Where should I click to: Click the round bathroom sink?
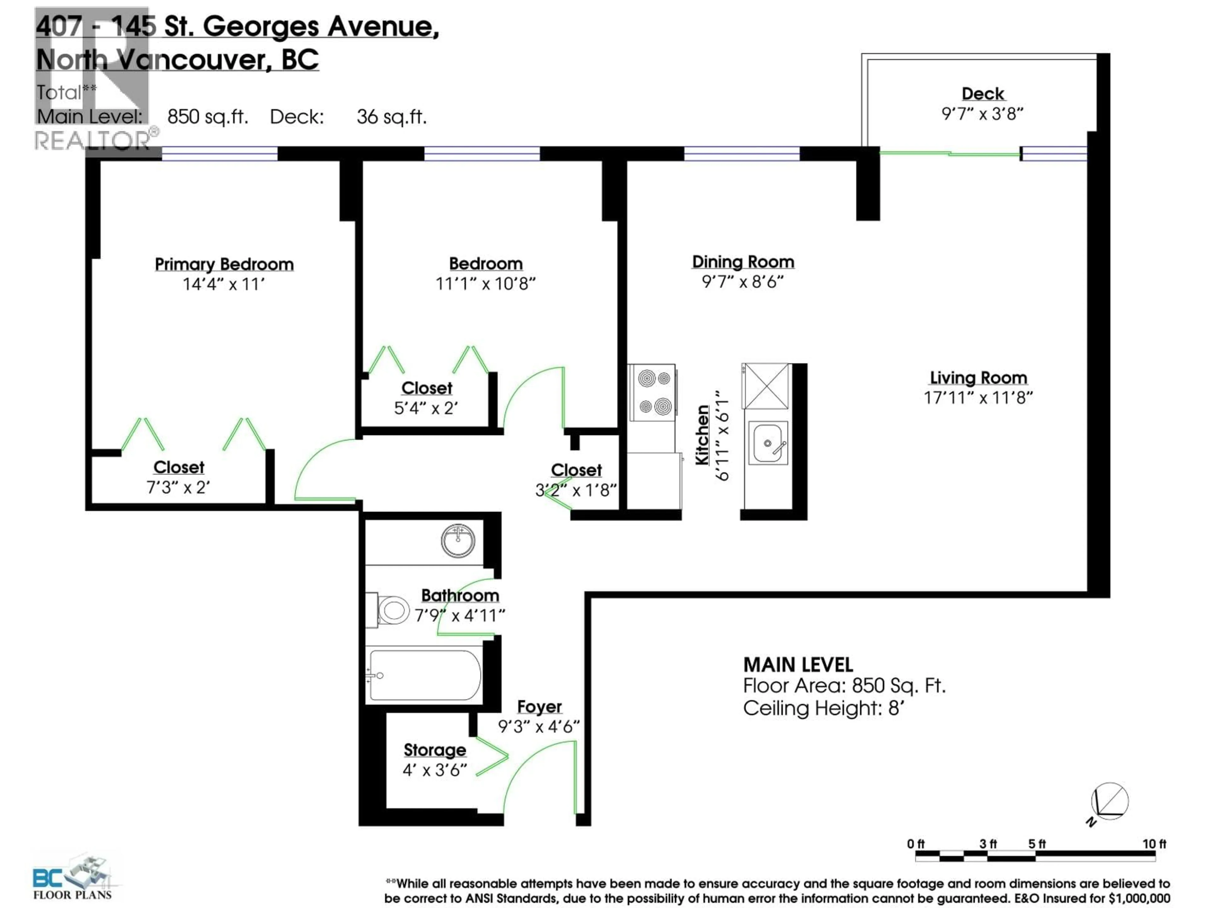point(458,541)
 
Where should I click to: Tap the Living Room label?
point(978,378)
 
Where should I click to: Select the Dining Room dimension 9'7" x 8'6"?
point(742,282)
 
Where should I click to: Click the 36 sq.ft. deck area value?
point(391,117)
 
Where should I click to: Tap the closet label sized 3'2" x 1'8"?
point(576,470)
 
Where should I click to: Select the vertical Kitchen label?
point(702,435)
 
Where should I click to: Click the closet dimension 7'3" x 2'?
point(178,487)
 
